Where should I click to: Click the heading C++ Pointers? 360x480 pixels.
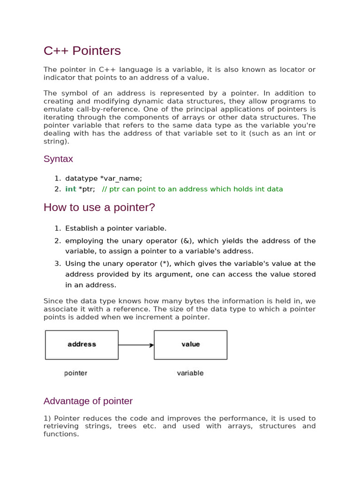coord(82,51)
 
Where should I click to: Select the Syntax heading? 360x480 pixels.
coord(58,159)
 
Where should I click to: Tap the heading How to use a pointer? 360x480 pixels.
coord(99,207)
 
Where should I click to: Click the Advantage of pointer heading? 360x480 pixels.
coord(88,401)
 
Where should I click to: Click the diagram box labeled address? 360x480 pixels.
coord(82,345)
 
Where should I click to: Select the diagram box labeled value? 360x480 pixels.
coord(190,345)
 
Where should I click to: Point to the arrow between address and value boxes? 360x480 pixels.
coord(136,345)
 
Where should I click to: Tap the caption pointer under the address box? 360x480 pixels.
coord(75,373)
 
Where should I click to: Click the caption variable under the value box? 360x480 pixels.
coord(190,373)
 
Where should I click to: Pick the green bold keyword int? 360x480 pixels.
coord(71,189)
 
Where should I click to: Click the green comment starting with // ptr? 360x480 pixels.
coord(192,189)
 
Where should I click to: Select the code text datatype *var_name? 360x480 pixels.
coord(104,178)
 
